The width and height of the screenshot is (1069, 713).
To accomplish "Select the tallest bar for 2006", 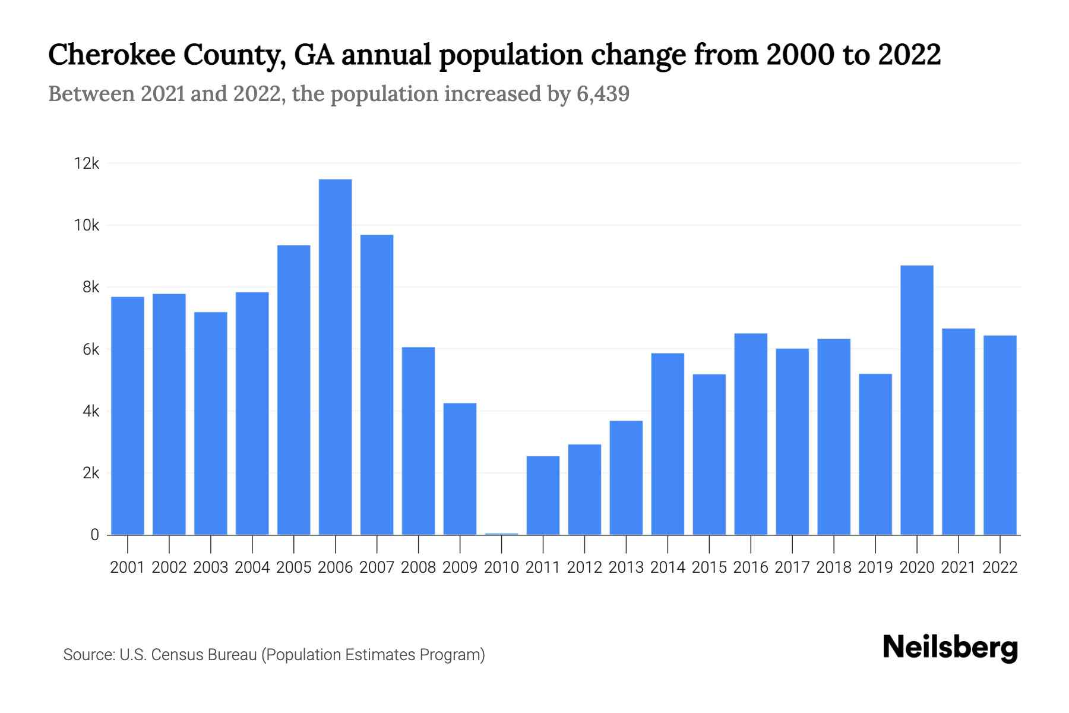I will tap(335, 356).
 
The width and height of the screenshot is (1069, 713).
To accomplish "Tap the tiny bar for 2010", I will tap(501, 534).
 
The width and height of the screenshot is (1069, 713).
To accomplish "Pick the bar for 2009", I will tap(460, 469).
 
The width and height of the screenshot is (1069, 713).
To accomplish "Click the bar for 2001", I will tap(128, 415).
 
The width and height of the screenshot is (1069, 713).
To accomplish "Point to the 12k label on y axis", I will tap(86, 163).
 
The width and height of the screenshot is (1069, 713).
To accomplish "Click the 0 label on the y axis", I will tap(94, 535).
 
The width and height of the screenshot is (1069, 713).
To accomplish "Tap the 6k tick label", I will tap(91, 349).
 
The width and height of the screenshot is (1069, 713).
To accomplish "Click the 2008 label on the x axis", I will tap(418, 567).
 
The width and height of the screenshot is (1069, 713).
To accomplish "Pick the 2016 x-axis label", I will tap(751, 567).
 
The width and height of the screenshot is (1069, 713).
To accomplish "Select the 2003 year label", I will tap(211, 567).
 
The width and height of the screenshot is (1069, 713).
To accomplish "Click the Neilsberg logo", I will tap(950, 648).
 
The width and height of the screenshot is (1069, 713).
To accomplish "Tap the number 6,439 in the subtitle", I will tap(602, 94).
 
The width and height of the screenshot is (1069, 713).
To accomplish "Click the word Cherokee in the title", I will tap(112, 55).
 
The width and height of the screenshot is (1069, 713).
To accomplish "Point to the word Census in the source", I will tap(174, 655).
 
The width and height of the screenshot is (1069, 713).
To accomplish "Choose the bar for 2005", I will tap(293, 390).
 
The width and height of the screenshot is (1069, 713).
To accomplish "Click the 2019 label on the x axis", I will tap(875, 567).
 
